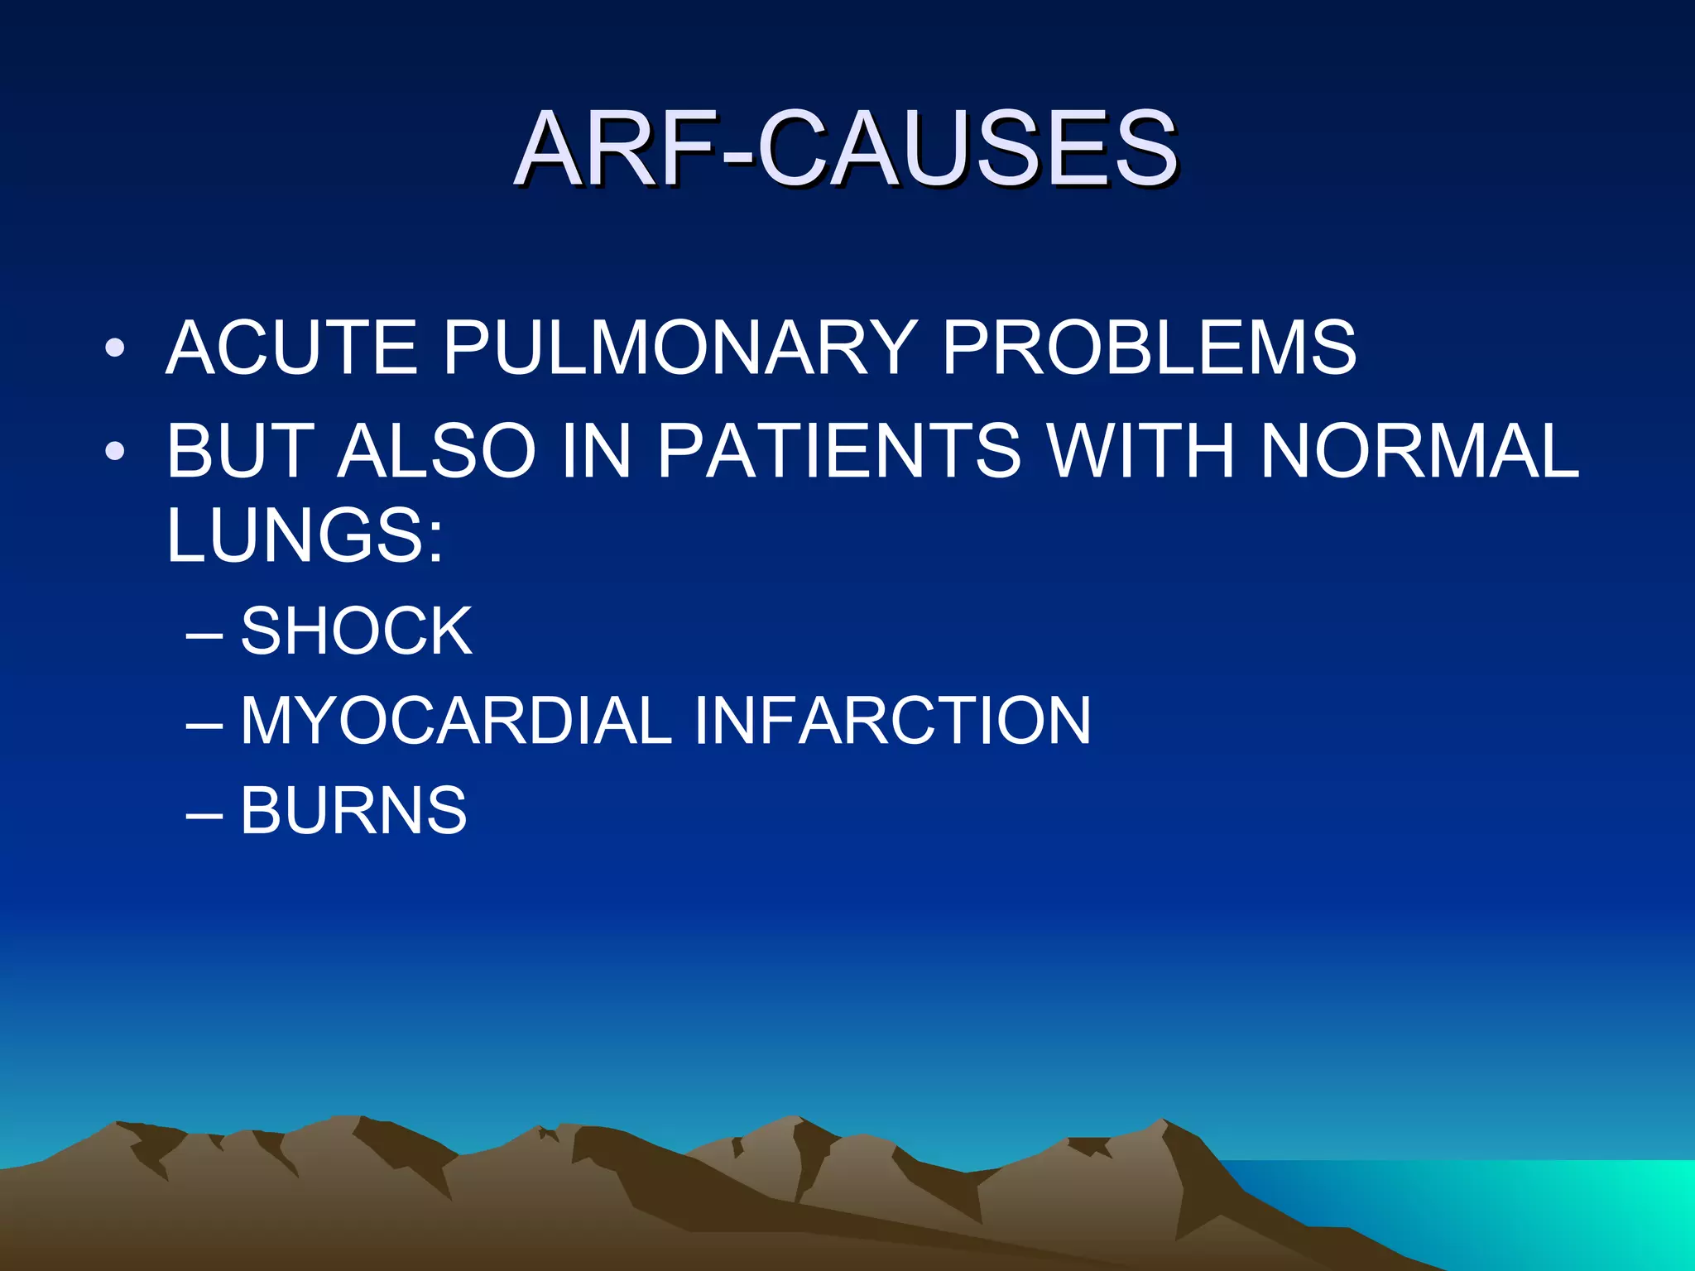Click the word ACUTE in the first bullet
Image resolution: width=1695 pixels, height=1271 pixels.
pos(292,348)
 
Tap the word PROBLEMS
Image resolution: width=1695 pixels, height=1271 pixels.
pos(1149,348)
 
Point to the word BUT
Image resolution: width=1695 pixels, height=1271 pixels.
pos(241,451)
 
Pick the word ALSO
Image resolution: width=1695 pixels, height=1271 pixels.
pos(437,451)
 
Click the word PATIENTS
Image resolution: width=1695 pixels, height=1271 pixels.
pos(839,451)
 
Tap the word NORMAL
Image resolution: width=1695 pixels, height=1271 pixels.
pos(1419,451)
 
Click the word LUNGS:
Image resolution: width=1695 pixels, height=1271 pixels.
pos(305,535)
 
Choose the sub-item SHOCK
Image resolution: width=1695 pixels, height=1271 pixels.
pos(356,631)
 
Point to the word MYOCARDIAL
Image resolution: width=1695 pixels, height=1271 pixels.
pos(456,721)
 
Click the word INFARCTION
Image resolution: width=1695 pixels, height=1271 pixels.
pos(892,721)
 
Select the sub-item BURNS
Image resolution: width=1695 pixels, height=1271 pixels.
pos(353,810)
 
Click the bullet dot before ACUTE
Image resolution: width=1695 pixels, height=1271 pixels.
pos(115,348)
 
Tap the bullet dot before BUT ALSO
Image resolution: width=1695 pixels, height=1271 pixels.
pos(115,451)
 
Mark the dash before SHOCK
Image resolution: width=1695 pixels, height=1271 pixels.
pos(204,633)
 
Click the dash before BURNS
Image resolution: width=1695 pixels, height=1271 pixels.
pos(204,812)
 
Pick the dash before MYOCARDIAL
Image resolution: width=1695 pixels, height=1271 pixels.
pos(204,722)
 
